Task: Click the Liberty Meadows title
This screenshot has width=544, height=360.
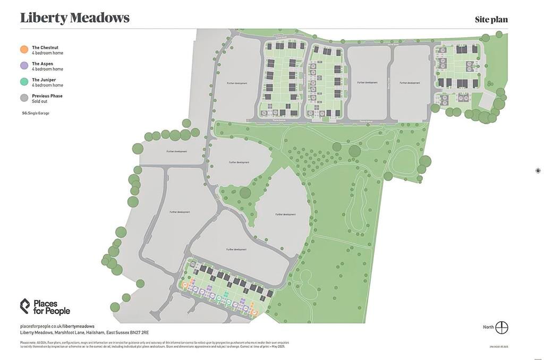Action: click(x=75, y=18)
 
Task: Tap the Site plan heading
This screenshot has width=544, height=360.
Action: click(x=491, y=20)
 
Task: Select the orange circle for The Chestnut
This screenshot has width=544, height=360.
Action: click(x=24, y=49)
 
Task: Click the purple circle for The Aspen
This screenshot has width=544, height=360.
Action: click(x=24, y=65)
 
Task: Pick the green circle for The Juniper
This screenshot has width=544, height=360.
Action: click(x=24, y=82)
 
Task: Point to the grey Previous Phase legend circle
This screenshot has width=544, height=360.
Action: click(x=24, y=98)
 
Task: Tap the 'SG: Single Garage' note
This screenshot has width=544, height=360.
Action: click(x=36, y=113)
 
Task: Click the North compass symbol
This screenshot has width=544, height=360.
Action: click(x=501, y=328)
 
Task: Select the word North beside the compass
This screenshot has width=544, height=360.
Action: click(x=488, y=328)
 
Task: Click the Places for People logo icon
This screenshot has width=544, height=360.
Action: click(x=25, y=306)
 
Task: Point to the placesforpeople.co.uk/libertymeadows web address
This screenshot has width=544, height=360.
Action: click(x=57, y=326)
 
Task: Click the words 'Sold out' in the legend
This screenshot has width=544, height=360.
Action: click(x=39, y=101)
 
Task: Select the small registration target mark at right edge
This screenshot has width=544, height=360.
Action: click(x=538, y=170)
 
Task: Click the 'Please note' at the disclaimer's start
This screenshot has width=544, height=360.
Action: click(x=28, y=342)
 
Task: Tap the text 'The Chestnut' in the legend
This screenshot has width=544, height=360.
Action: click(x=45, y=47)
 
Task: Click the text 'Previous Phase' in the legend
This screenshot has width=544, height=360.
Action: click(x=47, y=96)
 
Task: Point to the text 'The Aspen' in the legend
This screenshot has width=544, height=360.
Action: click(x=42, y=64)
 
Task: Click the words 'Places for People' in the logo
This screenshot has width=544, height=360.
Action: click(x=52, y=307)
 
